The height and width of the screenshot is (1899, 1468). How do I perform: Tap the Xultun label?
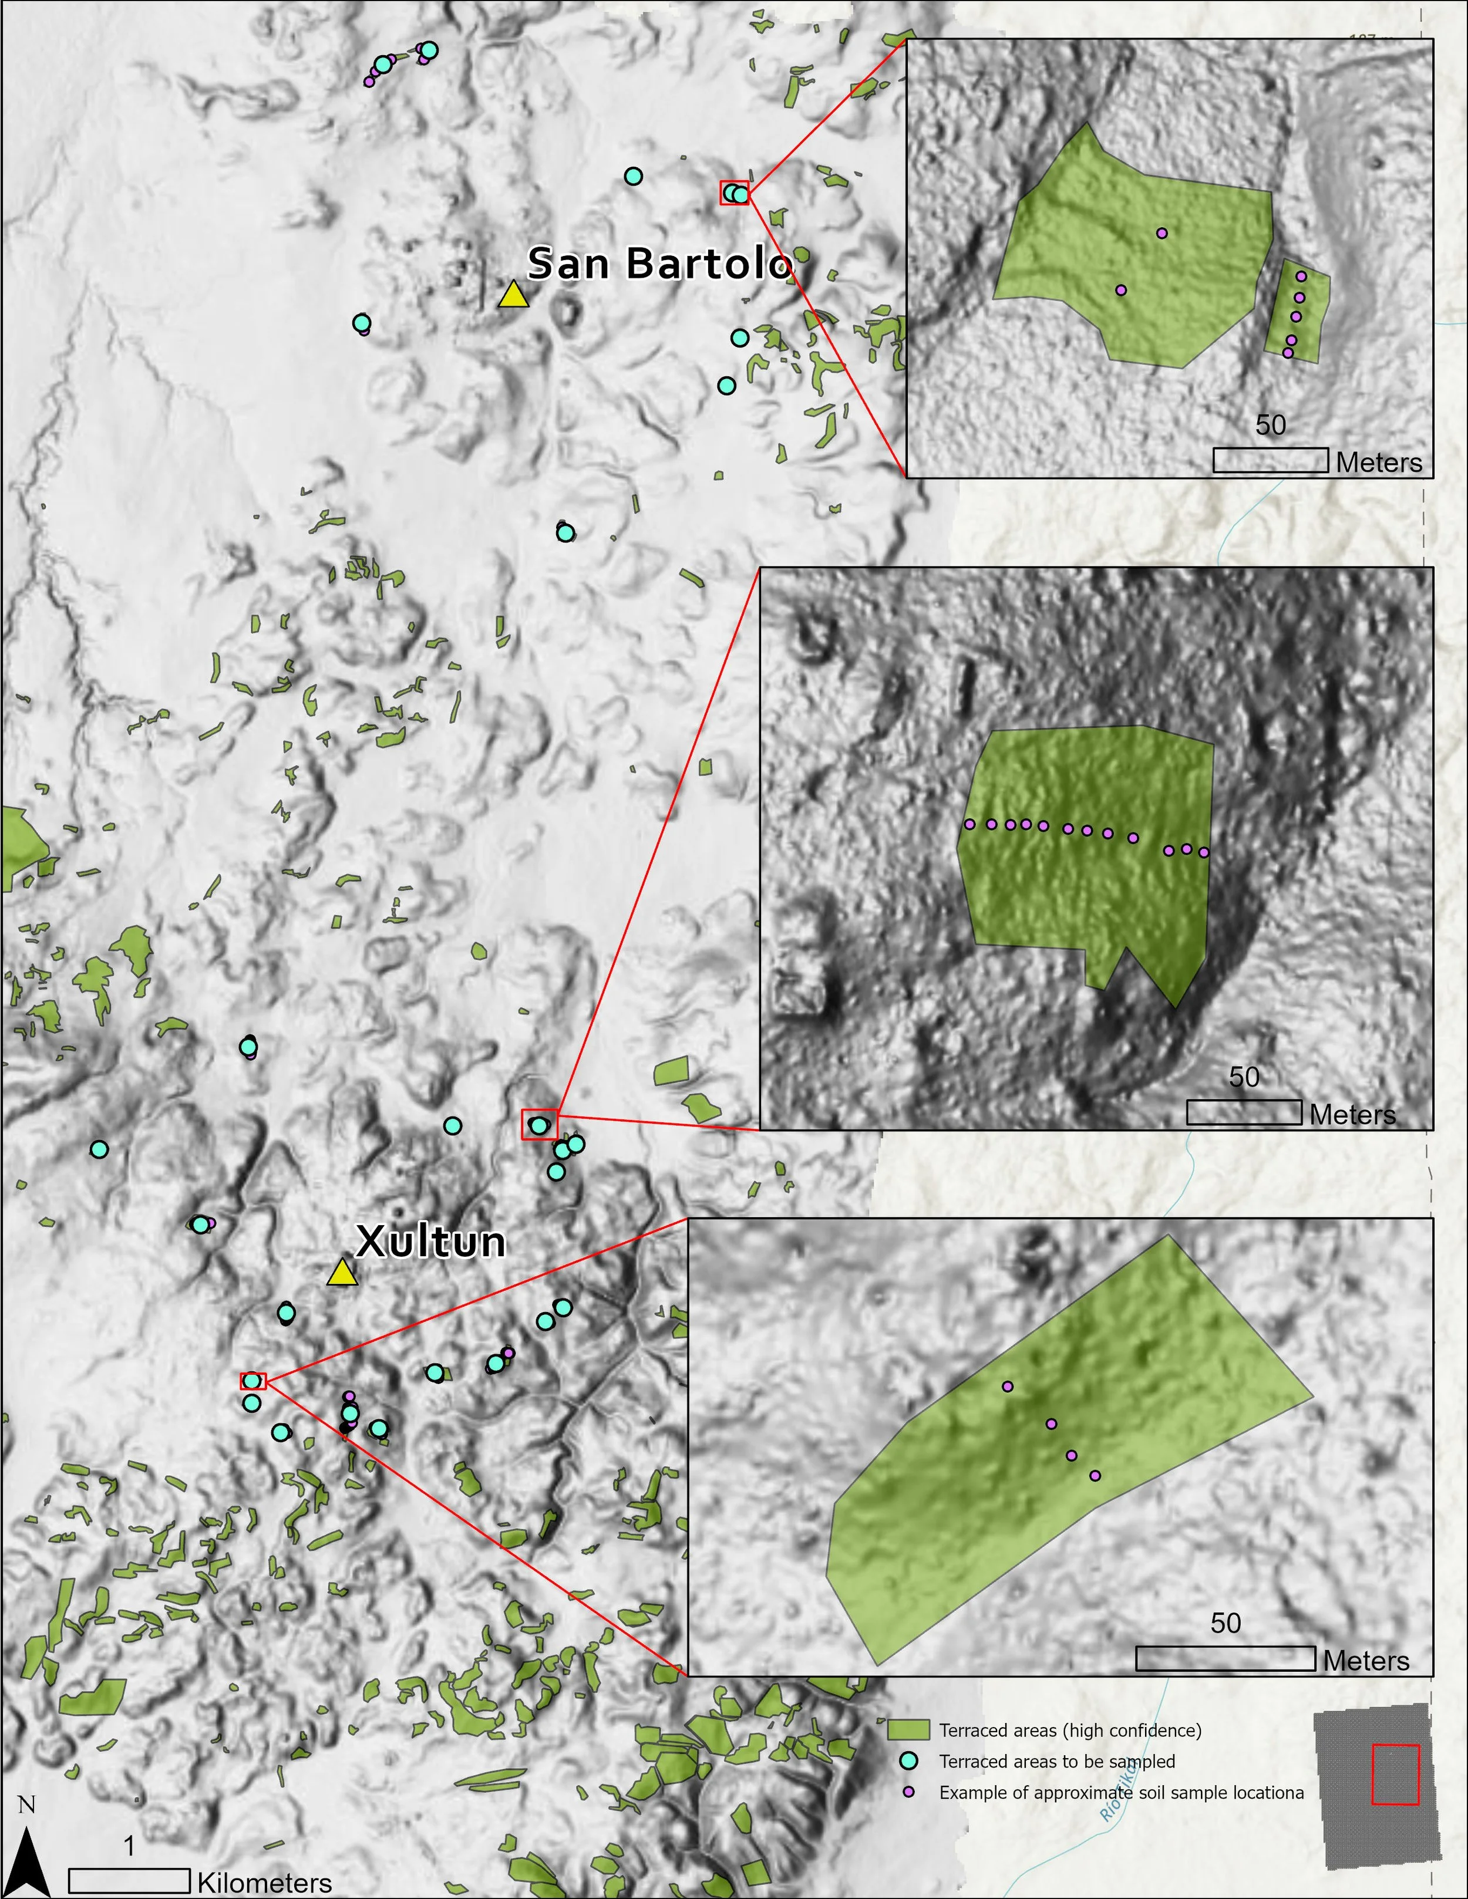430,1242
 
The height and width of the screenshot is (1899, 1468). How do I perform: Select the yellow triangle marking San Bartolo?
513,295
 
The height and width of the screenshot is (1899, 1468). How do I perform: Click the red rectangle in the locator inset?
1395,1774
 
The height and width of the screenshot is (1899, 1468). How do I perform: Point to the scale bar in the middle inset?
1244,1112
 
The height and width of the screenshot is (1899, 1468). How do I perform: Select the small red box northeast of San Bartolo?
733,192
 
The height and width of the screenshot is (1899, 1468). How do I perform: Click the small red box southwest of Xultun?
252,1381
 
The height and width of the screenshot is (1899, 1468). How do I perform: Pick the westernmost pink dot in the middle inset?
969,824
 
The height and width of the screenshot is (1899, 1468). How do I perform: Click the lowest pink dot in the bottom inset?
1095,1476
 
